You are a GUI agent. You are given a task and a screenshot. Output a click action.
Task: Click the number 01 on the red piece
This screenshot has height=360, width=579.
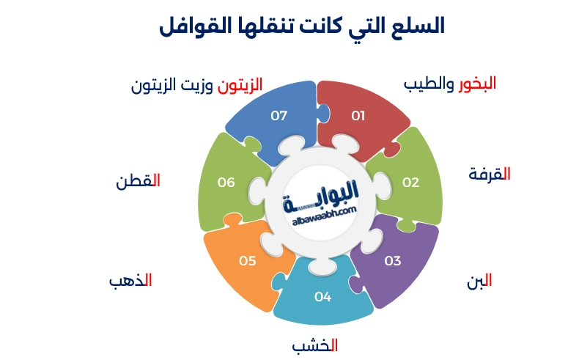[x=358, y=115]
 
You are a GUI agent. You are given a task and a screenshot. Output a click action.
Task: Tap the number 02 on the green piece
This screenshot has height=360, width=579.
[x=410, y=183]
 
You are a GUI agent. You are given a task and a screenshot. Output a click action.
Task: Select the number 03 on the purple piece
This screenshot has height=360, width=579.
[x=393, y=260]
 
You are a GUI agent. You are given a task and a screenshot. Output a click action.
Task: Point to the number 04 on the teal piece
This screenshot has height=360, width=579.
[x=323, y=297]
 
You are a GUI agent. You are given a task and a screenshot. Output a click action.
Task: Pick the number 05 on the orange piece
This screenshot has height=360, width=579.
[x=247, y=260]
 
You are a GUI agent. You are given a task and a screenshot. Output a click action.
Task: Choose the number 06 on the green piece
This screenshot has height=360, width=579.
[x=226, y=183]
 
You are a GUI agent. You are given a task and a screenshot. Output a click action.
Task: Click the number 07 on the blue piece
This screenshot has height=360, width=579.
[x=279, y=115]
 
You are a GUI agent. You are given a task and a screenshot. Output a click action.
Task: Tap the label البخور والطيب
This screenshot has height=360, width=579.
[x=450, y=84]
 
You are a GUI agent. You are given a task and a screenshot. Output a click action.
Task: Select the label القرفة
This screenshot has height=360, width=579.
[x=490, y=174]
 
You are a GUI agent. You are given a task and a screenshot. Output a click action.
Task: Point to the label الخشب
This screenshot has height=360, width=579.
[x=314, y=345]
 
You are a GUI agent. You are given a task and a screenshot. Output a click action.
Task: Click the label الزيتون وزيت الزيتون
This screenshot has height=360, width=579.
[x=196, y=84]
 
